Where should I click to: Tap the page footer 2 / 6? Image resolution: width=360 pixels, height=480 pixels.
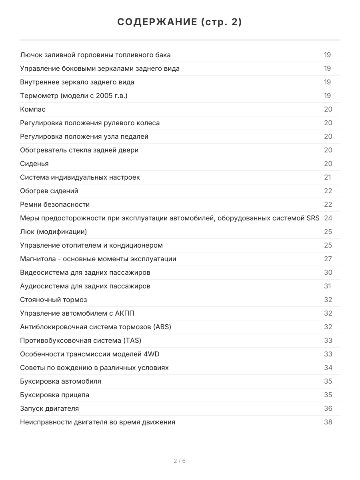pyautogui.click(x=180, y=461)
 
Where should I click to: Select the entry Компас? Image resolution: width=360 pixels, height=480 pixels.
pyautogui.click(x=33, y=109)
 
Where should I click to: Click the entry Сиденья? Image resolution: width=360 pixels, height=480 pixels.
pyautogui.click(x=34, y=164)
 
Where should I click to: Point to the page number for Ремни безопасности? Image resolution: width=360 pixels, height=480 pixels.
pyautogui.click(x=328, y=204)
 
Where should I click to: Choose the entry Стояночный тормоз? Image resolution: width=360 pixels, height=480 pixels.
pyautogui.click(x=53, y=300)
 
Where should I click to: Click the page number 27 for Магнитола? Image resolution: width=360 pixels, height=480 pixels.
pyautogui.click(x=328, y=259)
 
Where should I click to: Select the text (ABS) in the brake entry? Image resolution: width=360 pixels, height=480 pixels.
pyautogui.click(x=162, y=327)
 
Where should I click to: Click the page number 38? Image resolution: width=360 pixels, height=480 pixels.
pyautogui.click(x=328, y=422)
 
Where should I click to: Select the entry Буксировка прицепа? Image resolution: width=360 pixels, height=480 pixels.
pyautogui.click(x=54, y=395)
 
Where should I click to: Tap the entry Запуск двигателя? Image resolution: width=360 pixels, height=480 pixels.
pyautogui.click(x=49, y=408)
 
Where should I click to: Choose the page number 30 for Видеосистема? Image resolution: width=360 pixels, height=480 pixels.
pyautogui.click(x=328, y=272)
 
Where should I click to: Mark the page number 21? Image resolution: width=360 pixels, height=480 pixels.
pyautogui.click(x=328, y=177)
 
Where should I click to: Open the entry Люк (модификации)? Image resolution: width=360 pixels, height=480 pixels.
pyautogui.click(x=53, y=232)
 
